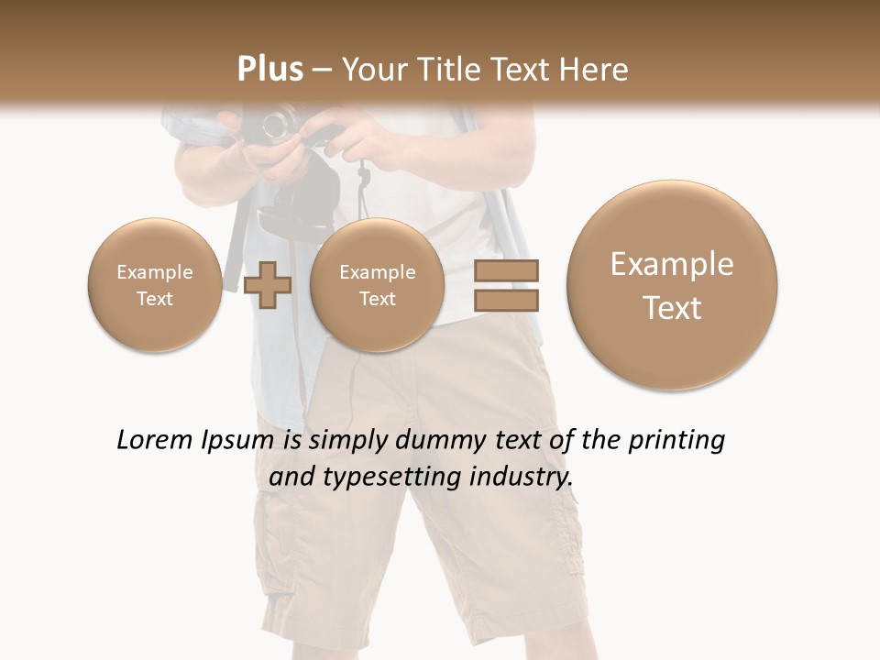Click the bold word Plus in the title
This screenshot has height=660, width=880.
point(269,70)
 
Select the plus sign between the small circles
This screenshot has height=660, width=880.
point(268,285)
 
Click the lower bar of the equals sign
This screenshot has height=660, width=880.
point(506,300)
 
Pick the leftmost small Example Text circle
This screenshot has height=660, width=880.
point(154,285)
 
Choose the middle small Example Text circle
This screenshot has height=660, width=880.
point(377,285)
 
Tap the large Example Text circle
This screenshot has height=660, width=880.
point(672,285)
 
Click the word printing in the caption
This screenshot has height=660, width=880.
point(676,441)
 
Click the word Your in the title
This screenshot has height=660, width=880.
point(372,70)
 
